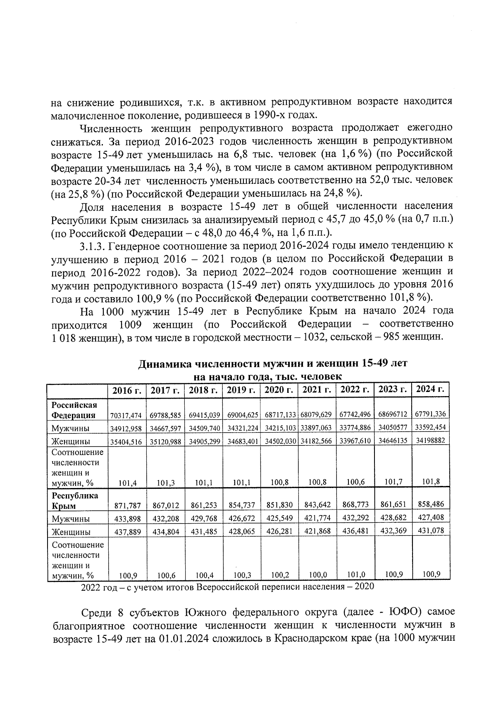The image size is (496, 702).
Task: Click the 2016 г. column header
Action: (x=127, y=390)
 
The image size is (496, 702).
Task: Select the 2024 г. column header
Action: (x=430, y=389)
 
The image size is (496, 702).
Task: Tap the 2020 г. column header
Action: (x=279, y=390)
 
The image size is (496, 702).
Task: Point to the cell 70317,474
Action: (x=127, y=415)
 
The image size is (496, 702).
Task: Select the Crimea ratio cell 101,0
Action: (x=355, y=575)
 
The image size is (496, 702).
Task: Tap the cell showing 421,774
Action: (x=317, y=518)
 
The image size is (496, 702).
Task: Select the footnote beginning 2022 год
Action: (x=227, y=587)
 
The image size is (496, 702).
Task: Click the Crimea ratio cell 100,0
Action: (x=317, y=575)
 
